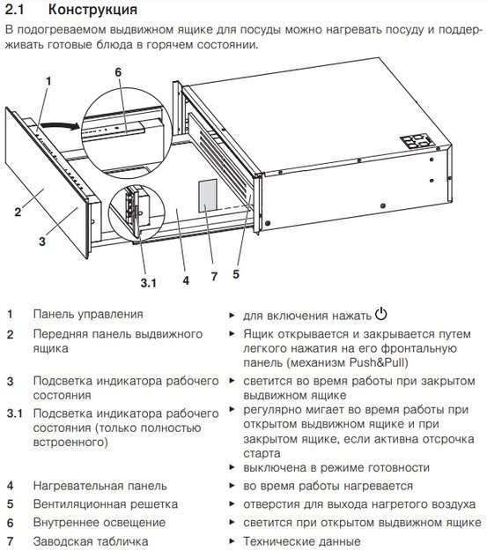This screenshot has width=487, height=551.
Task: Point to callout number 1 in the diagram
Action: [x=48, y=81]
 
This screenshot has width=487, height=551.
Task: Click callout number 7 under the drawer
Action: [x=212, y=276]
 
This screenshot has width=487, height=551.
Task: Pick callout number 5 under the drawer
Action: [x=236, y=273]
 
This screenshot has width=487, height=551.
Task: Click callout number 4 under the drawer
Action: [x=186, y=281]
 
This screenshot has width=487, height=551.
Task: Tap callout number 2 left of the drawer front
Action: [x=17, y=212]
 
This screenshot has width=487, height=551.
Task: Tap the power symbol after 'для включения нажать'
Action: [x=381, y=314]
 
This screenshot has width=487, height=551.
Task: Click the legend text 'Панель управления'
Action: [x=88, y=314]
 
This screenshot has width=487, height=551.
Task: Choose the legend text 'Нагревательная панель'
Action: [x=101, y=486]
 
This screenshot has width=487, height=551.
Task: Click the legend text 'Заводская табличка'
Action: [x=91, y=541]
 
